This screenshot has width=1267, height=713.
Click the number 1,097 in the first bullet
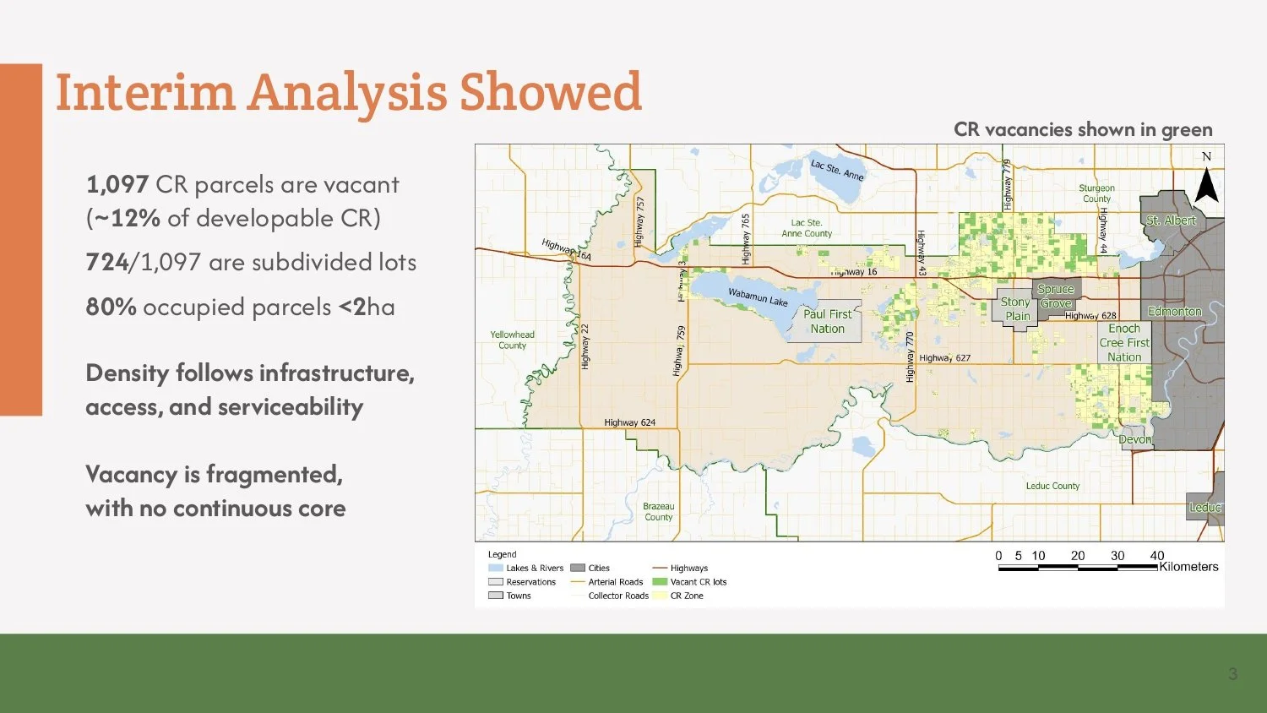click(x=117, y=185)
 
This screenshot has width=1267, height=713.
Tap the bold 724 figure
click(x=107, y=263)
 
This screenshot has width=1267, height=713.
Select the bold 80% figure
click(x=111, y=307)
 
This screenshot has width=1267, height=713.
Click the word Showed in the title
click(x=550, y=92)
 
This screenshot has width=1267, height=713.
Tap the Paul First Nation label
click(x=827, y=321)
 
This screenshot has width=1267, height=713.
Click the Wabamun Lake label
click(x=758, y=297)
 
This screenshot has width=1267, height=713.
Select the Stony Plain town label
click(x=1016, y=309)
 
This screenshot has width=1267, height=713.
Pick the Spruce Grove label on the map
click(x=1056, y=296)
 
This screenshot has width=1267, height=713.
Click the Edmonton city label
click(x=1174, y=312)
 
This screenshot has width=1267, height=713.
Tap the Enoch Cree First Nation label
click(x=1124, y=343)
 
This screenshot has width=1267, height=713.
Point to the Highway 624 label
click(x=629, y=422)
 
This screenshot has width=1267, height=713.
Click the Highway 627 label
click(x=944, y=358)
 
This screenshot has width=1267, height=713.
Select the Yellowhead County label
click(x=512, y=340)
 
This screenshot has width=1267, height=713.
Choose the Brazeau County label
click(x=659, y=512)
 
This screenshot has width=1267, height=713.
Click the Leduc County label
click(x=1052, y=486)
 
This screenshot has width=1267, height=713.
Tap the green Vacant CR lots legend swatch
click(x=660, y=582)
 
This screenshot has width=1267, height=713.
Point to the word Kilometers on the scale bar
click(x=1188, y=567)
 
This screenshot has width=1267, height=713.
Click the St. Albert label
click(x=1171, y=220)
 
